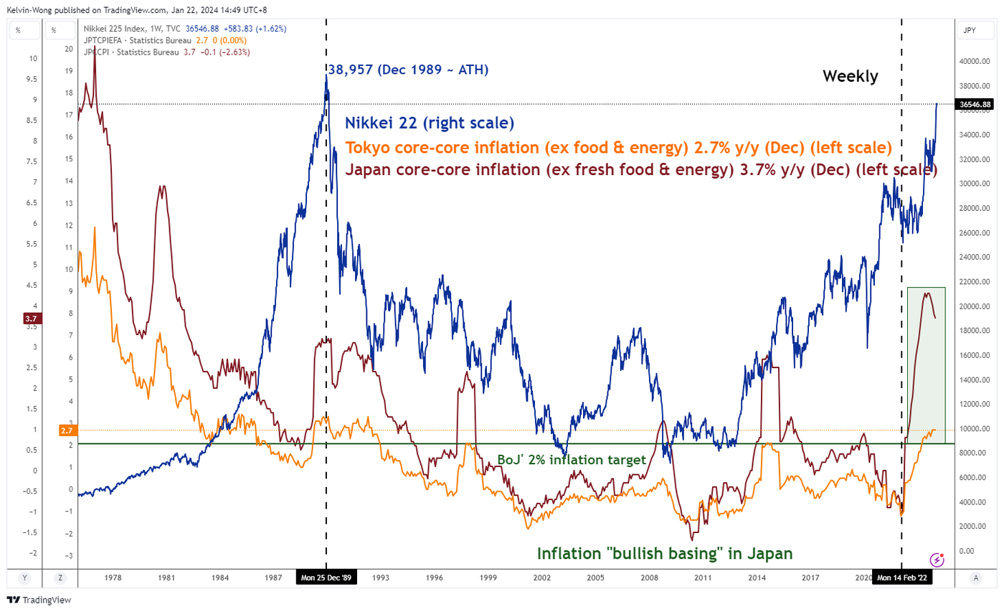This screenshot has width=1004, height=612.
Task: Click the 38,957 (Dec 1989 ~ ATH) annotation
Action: click(408, 70)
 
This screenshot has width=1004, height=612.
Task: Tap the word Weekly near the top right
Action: click(850, 76)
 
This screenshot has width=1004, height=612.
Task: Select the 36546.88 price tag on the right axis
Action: click(975, 104)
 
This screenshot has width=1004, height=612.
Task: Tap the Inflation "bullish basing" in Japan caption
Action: click(665, 554)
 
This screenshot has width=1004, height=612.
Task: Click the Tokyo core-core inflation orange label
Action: click(618, 147)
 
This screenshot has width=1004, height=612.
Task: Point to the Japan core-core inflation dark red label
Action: click(641, 171)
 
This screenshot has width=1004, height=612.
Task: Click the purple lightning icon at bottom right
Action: click(936, 560)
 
